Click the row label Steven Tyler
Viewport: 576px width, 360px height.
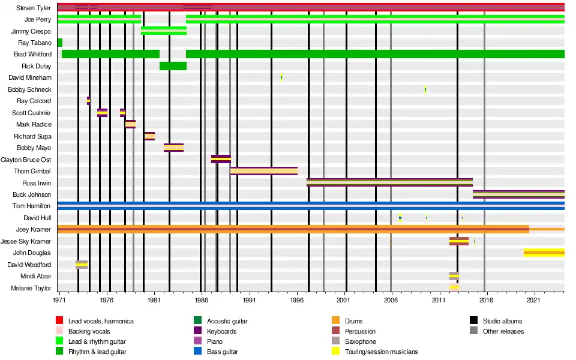[34, 8]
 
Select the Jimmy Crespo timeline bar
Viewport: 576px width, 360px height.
[163, 31]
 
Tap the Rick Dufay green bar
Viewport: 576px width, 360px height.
[173, 66]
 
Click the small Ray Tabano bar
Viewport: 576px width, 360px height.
[59, 43]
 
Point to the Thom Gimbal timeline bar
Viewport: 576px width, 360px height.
[263, 171]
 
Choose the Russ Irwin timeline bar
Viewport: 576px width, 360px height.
[389, 182]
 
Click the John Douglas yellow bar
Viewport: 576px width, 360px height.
[544, 253]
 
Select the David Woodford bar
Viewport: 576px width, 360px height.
[82, 265]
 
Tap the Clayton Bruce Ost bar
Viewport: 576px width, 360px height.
[221, 159]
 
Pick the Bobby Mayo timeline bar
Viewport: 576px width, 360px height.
[173, 148]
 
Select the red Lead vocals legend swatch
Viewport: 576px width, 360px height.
[59, 321]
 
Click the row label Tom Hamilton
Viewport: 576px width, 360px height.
[32, 206]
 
